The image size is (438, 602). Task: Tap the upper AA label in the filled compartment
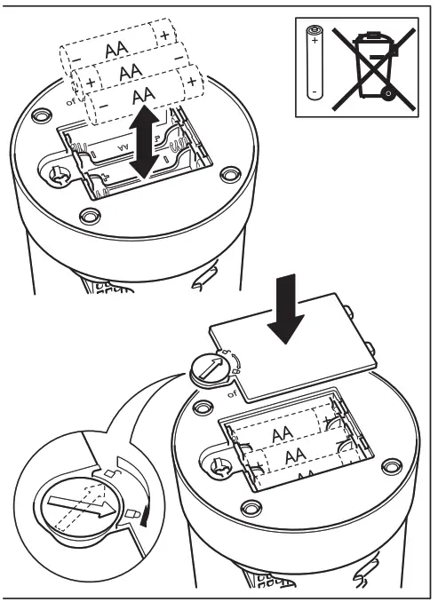283,433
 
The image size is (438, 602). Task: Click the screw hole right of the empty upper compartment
229,175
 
